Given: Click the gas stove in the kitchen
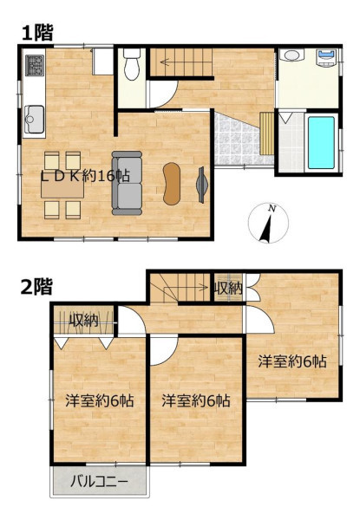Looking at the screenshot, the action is pyautogui.click(x=35, y=65).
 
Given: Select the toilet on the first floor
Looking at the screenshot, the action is pyautogui.click(x=132, y=64).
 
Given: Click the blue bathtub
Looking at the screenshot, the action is pyautogui.click(x=321, y=143).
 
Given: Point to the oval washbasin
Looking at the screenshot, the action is pyautogui.click(x=291, y=55).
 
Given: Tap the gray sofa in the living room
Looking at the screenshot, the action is pyautogui.click(x=127, y=183).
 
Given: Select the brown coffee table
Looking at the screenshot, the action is pyautogui.click(x=172, y=184).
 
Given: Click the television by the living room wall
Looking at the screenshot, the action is pyautogui.click(x=201, y=185).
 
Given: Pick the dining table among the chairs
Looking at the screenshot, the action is pyautogui.click(x=62, y=190).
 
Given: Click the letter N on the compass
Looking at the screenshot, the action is pyautogui.click(x=272, y=209).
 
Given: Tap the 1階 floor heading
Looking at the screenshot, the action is pyautogui.click(x=37, y=33).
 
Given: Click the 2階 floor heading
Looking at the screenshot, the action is pyautogui.click(x=36, y=287).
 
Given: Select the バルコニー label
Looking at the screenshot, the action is pyautogui.click(x=99, y=481).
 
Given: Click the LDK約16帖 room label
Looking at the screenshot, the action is pyautogui.click(x=85, y=176).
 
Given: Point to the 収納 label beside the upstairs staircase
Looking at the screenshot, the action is pyautogui.click(x=228, y=289).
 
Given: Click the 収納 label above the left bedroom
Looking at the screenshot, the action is pyautogui.click(x=83, y=321).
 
